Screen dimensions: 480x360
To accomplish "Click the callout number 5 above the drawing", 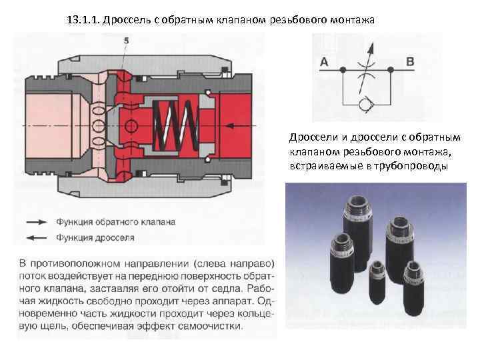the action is tap(126, 41).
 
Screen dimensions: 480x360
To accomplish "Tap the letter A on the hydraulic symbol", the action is tap(324, 62).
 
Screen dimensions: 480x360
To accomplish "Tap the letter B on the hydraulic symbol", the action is tap(410, 61).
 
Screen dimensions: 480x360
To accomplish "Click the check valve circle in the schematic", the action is tap(366, 105).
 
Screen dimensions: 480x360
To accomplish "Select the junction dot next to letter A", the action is tap(343, 70).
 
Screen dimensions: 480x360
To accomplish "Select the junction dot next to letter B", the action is tap(390, 70).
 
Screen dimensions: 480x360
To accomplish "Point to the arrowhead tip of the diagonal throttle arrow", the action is tap(373, 43).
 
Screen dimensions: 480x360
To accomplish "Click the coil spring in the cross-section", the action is tap(175, 125).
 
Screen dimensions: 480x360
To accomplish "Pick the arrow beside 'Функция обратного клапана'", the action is tap(37, 222).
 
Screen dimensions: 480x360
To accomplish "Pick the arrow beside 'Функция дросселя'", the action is tap(37, 237).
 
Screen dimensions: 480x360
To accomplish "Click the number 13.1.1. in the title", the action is tap(83, 20).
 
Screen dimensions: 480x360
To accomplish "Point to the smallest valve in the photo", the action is tap(377, 283).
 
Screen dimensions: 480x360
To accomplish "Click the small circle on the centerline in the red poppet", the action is tap(131, 125).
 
